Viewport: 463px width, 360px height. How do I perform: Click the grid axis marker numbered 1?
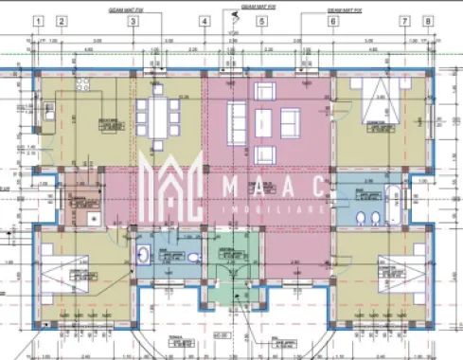[38, 20]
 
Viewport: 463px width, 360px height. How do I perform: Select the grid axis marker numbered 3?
[133, 20]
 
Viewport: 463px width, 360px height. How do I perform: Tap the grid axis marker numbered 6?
[333, 20]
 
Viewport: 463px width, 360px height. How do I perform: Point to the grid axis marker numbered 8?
[427, 20]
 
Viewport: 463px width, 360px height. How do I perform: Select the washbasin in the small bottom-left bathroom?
[143, 254]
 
